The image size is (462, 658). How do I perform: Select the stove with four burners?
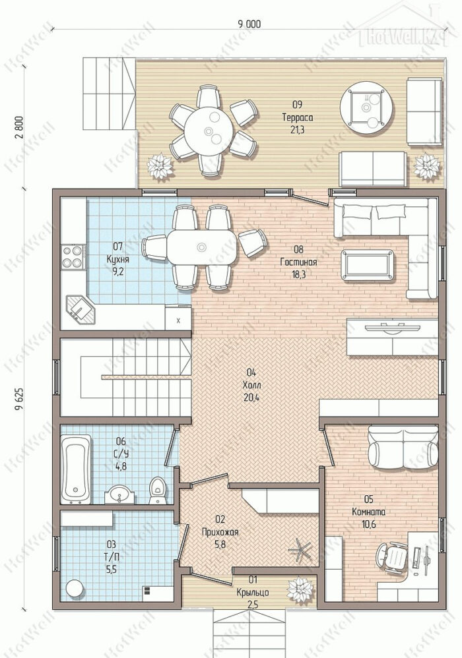pos(72,257)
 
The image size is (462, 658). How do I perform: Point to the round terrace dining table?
pos(209,131)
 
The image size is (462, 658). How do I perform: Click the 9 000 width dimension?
pos(249,24)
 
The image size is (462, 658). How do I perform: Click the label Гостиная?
pos(298,262)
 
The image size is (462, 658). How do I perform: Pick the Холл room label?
pos(251,385)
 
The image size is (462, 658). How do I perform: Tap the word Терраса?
pos(298,117)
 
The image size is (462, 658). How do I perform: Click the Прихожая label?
pos(220,532)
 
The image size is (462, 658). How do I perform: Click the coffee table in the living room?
pos(368,264)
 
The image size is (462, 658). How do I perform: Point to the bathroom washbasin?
pos(120,494)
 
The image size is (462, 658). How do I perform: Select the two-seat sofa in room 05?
pos(403,447)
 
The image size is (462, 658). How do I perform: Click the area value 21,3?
pos(298,130)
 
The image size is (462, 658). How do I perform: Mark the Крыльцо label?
pos(253,593)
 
